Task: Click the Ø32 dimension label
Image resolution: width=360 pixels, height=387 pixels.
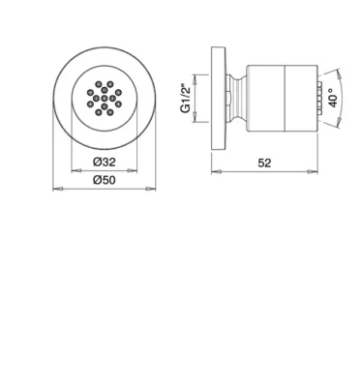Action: (x=105, y=162)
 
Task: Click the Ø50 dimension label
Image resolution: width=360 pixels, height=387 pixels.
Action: (x=105, y=180)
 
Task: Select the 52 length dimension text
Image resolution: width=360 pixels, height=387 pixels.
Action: (x=264, y=163)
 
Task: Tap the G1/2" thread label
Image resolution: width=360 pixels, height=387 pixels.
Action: (x=186, y=99)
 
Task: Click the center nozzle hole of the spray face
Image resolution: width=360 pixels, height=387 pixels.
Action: (x=105, y=98)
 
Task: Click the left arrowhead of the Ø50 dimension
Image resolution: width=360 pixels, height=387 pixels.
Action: (x=57, y=189)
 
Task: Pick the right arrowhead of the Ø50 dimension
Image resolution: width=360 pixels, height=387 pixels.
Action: (x=151, y=189)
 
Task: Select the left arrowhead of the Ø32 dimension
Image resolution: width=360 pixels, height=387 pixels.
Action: (x=75, y=170)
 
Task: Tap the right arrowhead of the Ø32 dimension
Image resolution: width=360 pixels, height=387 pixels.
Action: (x=133, y=170)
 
